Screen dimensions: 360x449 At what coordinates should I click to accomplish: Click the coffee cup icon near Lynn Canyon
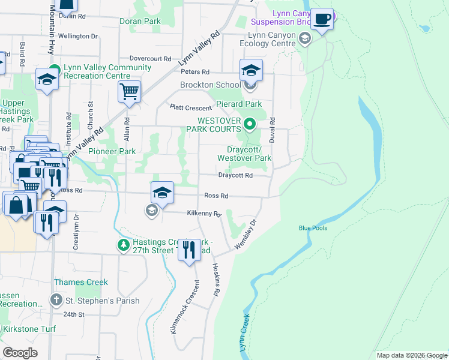322,20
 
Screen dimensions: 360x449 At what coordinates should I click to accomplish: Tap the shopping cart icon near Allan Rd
129,92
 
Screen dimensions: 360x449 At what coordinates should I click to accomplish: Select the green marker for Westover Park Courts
250,125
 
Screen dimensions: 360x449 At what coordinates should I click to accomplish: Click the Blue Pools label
313,228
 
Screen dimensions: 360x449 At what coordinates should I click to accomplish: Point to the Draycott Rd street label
235,176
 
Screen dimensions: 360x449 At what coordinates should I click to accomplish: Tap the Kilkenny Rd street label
204,213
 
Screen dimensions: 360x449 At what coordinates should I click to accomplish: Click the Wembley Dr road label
246,231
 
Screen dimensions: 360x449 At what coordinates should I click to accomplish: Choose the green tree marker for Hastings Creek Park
123,245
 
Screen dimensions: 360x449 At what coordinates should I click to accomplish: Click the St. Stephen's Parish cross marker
56,300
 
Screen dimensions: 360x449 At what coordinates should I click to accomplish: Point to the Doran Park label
139,21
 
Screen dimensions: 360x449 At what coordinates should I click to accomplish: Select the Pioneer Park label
112,152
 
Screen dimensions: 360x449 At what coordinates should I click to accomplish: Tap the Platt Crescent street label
190,108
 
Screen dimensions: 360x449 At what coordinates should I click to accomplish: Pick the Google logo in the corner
20,353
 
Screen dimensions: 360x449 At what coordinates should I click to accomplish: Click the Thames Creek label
81,282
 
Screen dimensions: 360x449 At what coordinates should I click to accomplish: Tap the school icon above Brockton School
251,70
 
